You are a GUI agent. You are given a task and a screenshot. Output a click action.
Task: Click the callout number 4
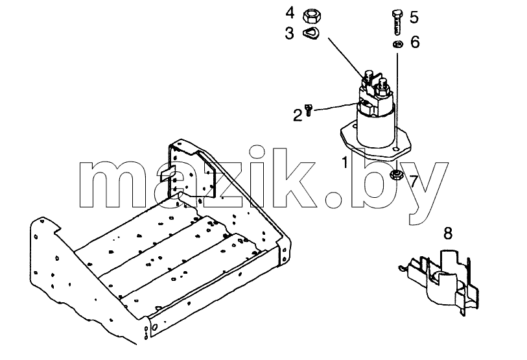290,13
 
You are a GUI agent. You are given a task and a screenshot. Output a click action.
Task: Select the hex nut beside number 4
312,16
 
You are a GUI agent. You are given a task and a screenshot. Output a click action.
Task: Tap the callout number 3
289,34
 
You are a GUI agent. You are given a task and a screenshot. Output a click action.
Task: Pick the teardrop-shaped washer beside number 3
310,33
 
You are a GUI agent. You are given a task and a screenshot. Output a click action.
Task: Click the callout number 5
414,17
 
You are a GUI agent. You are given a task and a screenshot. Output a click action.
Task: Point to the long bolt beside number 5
397,22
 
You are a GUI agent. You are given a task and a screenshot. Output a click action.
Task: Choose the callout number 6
415,42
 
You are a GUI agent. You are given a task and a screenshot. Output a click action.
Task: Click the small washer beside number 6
398,44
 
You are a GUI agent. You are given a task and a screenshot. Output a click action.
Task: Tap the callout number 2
298,115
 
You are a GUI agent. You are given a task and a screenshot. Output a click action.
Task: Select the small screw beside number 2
309,110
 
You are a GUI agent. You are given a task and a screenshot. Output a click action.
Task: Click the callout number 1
345,163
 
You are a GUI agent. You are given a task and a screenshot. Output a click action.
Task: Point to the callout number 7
414,182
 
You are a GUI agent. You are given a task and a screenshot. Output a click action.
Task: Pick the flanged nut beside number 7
397,174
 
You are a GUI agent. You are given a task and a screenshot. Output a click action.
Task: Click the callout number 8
448,234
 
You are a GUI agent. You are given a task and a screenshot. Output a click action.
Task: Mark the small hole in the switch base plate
397,149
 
